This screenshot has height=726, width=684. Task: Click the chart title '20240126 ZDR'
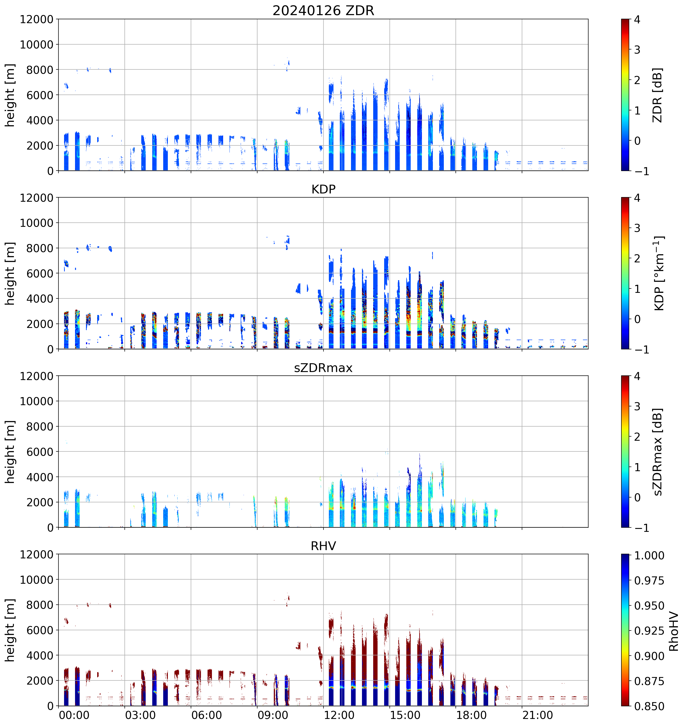click(x=323, y=10)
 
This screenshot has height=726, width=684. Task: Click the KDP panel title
click(x=323, y=189)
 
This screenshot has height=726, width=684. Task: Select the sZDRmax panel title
click(x=323, y=368)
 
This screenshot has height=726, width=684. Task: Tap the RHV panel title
click(x=323, y=546)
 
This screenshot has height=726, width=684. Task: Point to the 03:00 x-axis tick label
click(x=140, y=715)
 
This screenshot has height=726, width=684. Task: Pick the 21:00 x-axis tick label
click(x=538, y=715)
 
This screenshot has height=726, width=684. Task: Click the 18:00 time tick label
click(x=471, y=715)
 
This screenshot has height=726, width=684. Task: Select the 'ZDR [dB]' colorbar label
click(x=657, y=95)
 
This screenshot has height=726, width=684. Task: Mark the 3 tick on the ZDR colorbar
click(x=637, y=50)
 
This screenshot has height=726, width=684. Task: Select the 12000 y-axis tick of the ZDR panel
click(x=37, y=19)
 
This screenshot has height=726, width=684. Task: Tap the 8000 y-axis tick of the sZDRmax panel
click(x=39, y=427)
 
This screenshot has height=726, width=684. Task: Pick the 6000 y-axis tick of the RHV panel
click(x=39, y=630)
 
